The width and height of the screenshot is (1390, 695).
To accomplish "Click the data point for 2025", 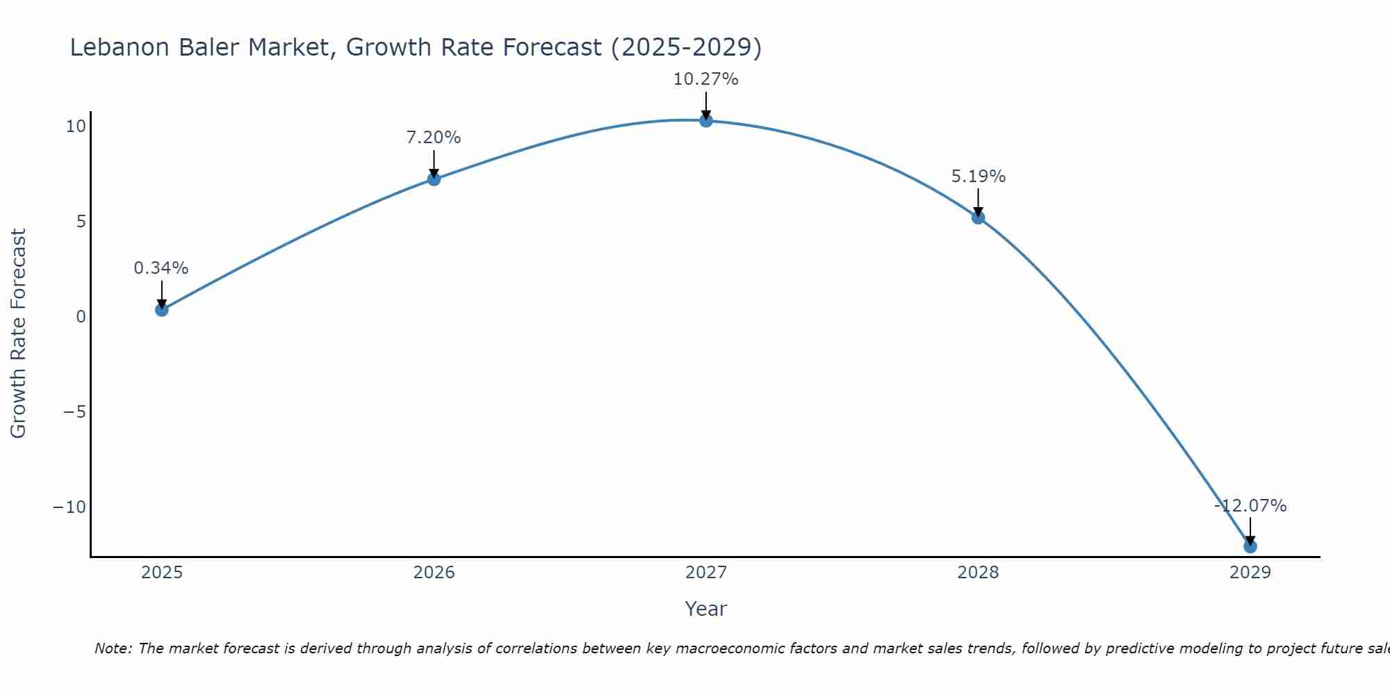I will (162, 310).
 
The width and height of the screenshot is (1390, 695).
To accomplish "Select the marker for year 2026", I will (434, 179).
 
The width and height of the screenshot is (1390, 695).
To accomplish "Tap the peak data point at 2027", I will (706, 121).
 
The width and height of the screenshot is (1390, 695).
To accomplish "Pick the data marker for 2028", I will (978, 218).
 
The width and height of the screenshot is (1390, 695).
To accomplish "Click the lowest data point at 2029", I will (1250, 546).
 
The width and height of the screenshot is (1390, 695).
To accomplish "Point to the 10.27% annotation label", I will (705, 79).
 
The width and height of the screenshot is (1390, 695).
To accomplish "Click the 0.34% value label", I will (161, 268).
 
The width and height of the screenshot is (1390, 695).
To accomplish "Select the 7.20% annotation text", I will (434, 138).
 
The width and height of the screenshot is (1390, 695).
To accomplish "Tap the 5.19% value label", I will (978, 177).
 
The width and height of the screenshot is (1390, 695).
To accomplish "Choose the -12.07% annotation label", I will (1250, 506).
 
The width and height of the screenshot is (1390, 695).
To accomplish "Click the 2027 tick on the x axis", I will (706, 573).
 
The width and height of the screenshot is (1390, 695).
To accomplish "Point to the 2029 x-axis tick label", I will (1250, 573).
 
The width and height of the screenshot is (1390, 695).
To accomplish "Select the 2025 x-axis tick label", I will (162, 573).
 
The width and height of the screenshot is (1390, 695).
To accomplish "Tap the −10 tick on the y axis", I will (69, 507).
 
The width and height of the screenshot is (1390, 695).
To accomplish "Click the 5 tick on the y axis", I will (81, 222).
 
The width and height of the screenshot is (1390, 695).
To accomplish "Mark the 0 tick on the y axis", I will (81, 317).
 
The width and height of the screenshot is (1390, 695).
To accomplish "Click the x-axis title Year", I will (705, 609).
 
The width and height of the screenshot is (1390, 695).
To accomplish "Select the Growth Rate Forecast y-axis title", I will (18, 334).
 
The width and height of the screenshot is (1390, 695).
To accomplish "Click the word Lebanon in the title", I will (120, 47).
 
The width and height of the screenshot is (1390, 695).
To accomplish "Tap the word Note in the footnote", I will (112, 648).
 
